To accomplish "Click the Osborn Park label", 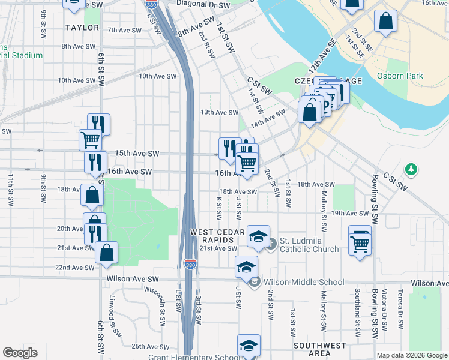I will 400,76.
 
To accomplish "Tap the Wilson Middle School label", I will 304,282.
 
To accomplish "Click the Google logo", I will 20,353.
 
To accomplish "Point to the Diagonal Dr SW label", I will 203,4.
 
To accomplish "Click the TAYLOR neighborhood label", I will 82,28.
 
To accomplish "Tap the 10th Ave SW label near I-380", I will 157,76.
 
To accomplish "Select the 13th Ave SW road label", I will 219,112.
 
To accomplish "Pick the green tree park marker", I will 411,170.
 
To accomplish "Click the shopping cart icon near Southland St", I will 360,242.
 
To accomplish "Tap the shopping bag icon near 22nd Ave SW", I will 106,253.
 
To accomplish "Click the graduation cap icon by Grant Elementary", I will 249,346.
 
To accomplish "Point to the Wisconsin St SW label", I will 162,306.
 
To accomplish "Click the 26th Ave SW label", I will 147,346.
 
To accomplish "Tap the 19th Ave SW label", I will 350,213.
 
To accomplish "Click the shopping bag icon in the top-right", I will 385,21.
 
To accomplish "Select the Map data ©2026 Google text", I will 411,355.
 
